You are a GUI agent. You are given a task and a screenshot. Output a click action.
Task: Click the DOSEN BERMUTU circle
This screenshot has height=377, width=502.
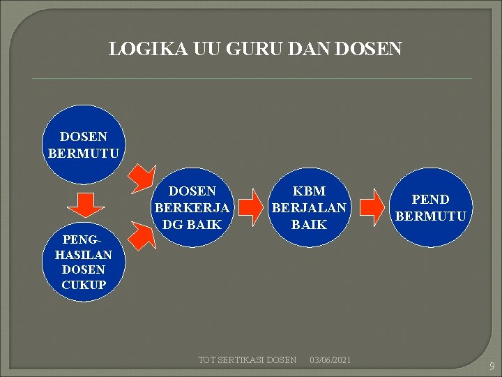pyautogui.click(x=84, y=145)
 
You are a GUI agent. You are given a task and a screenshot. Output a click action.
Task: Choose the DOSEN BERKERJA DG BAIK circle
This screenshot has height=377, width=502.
pyautogui.click(x=192, y=207)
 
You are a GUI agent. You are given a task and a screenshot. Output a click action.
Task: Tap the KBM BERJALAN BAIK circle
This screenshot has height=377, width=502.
pyautogui.click(x=309, y=207)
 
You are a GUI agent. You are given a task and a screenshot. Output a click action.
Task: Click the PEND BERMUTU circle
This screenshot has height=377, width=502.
pyautogui.click(x=430, y=207)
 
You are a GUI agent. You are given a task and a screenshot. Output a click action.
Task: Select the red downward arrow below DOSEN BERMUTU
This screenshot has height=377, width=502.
pyautogui.click(x=86, y=204)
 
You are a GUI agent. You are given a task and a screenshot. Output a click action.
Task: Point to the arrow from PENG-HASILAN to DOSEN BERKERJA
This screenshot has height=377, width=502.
pyautogui.click(x=145, y=236)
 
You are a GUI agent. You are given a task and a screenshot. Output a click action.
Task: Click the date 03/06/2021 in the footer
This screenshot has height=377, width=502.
pyautogui.click(x=330, y=360)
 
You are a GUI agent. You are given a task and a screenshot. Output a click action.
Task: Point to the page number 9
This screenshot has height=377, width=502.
pyautogui.click(x=492, y=366)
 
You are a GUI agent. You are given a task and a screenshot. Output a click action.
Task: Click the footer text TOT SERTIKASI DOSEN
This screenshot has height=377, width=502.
pyautogui.click(x=248, y=360)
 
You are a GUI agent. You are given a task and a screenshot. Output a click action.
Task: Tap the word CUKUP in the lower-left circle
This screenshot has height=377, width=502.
pyautogui.click(x=84, y=285)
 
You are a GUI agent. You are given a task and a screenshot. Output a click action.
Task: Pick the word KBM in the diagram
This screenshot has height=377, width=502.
pyautogui.click(x=309, y=191)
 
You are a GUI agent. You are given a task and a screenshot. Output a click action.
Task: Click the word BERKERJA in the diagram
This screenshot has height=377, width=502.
pyautogui.click(x=192, y=207)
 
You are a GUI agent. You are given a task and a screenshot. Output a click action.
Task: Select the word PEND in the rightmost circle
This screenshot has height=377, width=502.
pyautogui.click(x=430, y=200)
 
